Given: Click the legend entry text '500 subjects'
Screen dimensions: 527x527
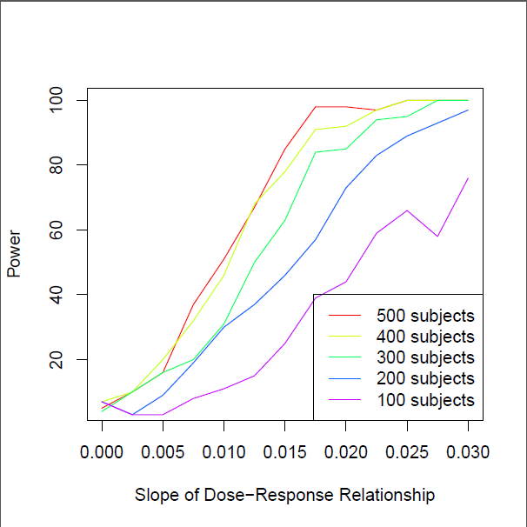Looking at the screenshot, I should (x=425, y=315).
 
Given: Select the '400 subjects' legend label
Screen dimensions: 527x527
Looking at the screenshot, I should (x=425, y=337).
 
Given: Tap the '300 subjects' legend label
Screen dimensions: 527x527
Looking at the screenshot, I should (x=425, y=357).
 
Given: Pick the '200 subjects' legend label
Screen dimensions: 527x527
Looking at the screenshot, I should (x=425, y=379).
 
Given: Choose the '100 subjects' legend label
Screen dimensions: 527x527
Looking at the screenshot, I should (x=425, y=400).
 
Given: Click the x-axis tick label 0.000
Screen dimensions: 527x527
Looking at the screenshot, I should (x=102, y=452).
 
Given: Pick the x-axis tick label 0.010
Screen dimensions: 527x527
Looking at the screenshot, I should (x=223, y=452).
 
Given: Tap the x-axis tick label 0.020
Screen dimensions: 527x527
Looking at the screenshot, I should (x=345, y=452).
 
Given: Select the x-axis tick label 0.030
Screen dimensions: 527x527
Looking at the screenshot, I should (x=467, y=452).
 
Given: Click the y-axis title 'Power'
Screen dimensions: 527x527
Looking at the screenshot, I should (x=14, y=259).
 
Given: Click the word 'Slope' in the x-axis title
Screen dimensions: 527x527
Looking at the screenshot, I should (x=154, y=496).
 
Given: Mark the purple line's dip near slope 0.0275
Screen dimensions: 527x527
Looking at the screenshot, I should (x=437, y=236).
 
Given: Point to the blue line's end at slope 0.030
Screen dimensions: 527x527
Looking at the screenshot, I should (x=468, y=110).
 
